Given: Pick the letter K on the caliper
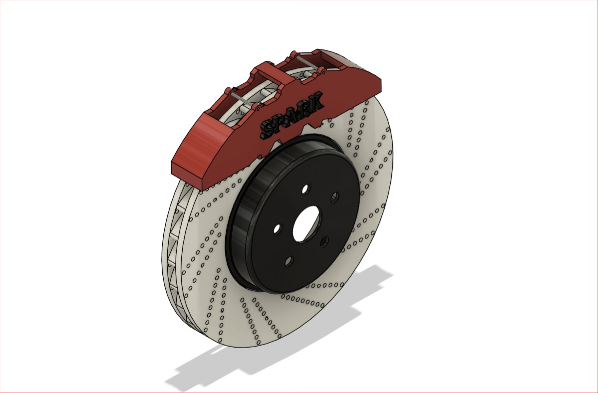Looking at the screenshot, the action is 316,101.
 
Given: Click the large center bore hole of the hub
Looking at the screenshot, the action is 306,224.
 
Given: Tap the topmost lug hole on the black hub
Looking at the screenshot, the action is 306,189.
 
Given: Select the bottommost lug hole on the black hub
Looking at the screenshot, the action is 289,261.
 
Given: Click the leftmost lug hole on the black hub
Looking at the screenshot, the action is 278,229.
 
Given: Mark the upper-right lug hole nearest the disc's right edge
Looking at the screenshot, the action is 334,197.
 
